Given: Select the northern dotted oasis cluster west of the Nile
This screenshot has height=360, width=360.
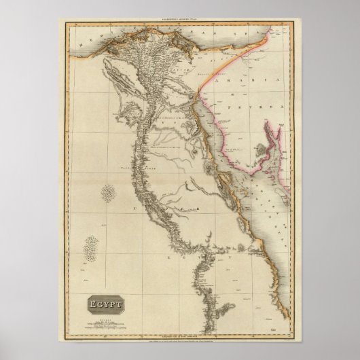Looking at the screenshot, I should pyautogui.click(x=106, y=193).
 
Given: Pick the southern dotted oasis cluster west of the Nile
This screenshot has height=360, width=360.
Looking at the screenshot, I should pyautogui.click(x=90, y=248).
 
